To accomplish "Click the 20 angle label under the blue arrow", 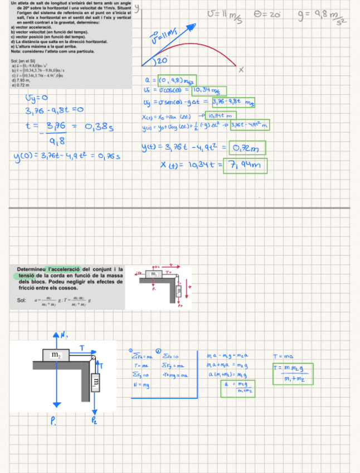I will tap(162, 60).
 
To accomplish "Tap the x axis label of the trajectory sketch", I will tap(241, 70).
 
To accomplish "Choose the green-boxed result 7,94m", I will tap(245, 166).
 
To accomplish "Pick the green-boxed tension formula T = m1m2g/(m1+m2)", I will tap(293, 373).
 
